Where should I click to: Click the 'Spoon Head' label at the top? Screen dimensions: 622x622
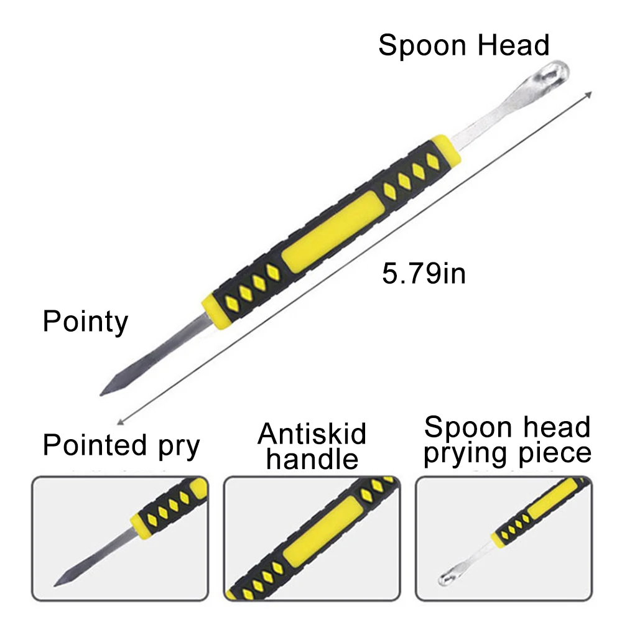pos(463,46)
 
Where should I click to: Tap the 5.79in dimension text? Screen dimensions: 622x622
pos(424,273)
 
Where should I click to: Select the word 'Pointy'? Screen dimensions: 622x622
pos(85,322)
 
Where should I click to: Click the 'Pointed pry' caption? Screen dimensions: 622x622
pos(121,445)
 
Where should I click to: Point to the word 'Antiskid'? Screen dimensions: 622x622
pos(312,434)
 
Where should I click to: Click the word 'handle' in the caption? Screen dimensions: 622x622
pos(313,459)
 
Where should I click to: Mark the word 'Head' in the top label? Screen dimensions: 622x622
pos(518,46)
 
